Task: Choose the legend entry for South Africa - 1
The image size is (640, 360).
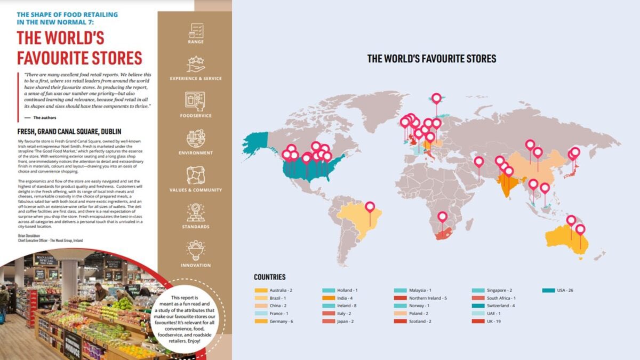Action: click(500, 298)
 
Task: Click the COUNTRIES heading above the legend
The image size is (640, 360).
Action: click(269, 277)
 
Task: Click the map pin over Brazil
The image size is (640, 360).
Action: click(370, 206)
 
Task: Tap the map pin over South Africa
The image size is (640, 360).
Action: click(442, 217)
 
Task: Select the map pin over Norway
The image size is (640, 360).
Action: click(437, 98)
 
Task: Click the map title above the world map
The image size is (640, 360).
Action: click(431, 59)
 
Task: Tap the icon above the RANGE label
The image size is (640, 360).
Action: click(196, 29)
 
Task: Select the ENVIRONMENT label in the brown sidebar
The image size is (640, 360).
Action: click(196, 153)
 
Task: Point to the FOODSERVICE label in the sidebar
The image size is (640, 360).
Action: click(196, 116)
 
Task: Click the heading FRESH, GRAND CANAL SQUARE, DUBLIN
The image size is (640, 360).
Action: click(69, 131)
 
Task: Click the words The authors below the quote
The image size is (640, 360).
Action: click(44, 117)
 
